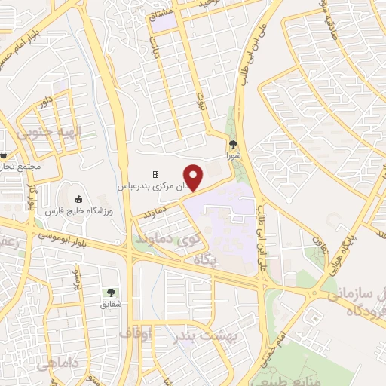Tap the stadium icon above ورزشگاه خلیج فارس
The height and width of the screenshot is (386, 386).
pos(78,199)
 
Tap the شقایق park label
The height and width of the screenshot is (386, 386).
pos(112,305)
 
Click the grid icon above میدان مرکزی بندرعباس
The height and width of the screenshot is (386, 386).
pos(156,173)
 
